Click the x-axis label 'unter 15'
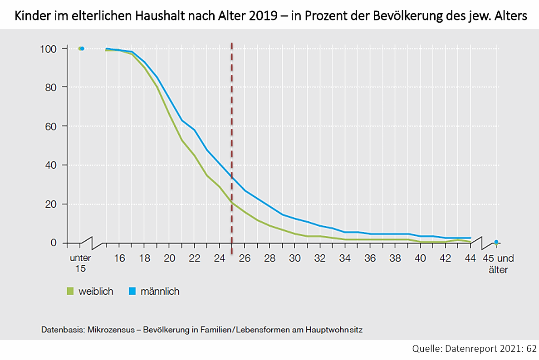tap(80, 263)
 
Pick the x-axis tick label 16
tap(119, 258)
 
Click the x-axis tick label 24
tap(219, 258)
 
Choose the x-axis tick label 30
tap(295, 258)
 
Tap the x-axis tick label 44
tap(470, 258)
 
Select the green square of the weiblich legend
tap(69, 291)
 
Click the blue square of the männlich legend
tap(132, 291)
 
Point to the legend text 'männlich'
tap(160, 291)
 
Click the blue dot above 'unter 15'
tap(82, 49)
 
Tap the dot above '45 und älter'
tap(496, 242)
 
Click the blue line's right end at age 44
tap(470, 238)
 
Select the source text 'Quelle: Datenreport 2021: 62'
tap(474, 349)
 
